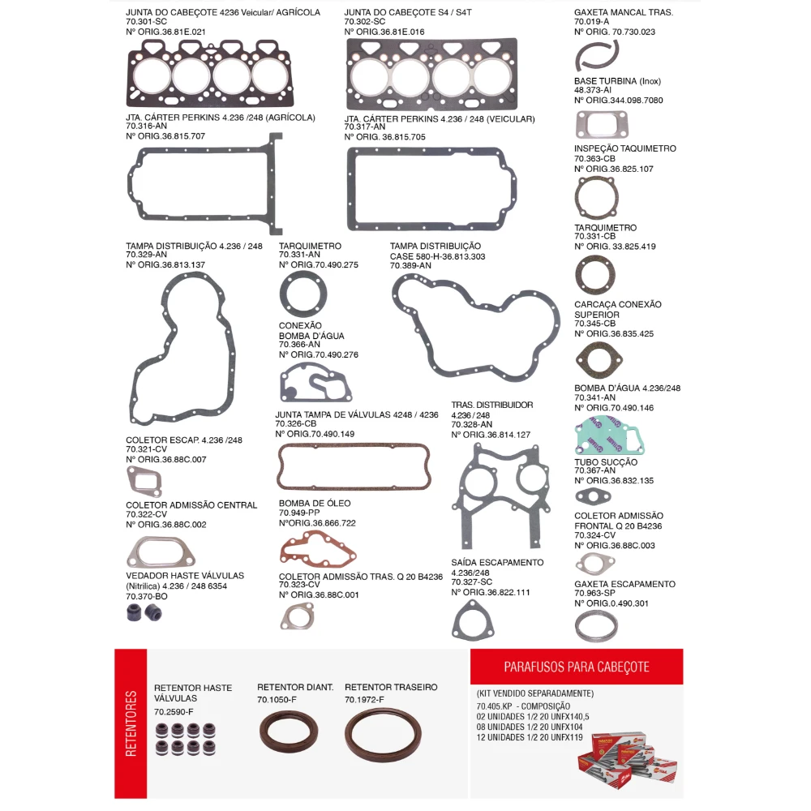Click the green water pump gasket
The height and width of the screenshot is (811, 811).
coord(609,436)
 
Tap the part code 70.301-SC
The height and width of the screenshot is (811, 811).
coord(146,22)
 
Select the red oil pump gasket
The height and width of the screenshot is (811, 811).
coord(318,549)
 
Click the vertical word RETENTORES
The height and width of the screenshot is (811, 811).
coord(131,723)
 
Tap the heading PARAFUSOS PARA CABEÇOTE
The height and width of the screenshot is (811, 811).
coord(577,667)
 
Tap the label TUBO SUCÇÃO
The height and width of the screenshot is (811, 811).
coord(606,462)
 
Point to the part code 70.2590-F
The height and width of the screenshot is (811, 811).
coord(174,712)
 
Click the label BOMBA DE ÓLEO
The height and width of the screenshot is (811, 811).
coord(315,504)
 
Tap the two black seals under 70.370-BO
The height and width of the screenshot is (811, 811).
coord(144,613)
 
